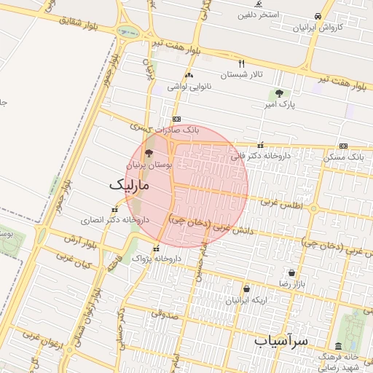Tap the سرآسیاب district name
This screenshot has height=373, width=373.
[x=283, y=340]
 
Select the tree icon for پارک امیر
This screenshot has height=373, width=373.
[x=279, y=93]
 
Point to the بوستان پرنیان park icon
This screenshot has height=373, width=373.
[x=149, y=154]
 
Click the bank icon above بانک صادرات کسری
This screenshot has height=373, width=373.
[x=176, y=119]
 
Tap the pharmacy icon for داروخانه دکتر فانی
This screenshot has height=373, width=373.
[x=261, y=145]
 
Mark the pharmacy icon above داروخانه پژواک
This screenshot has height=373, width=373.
[x=156, y=249]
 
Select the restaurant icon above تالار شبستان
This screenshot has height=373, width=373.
[x=242, y=63]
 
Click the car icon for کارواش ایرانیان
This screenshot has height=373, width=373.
[x=318, y=16]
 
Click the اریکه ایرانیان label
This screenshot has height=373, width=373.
[x=246, y=299]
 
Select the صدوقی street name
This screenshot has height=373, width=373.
[x=166, y=315]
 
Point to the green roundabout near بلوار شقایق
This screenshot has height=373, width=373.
[x=128, y=32]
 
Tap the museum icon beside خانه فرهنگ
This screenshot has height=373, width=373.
[x=338, y=346]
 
